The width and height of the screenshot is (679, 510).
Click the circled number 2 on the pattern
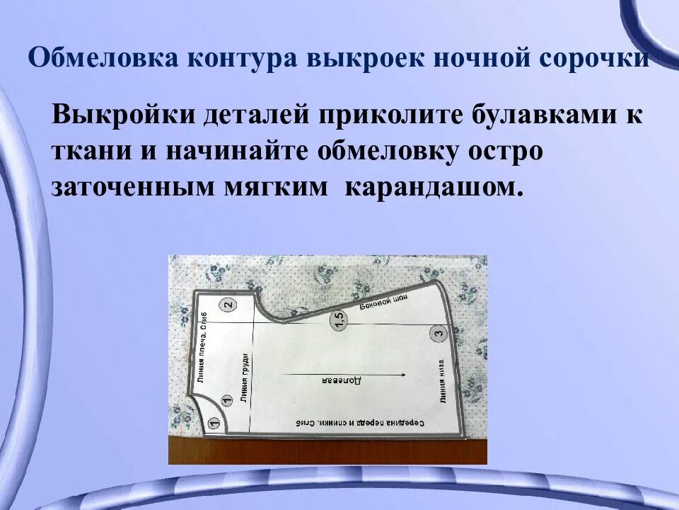pos(228,306)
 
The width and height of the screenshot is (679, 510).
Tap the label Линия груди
pos(244,378)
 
